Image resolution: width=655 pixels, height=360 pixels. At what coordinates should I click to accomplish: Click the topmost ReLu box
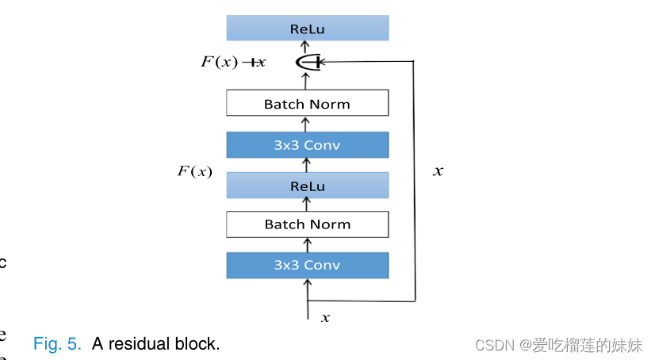point(307,29)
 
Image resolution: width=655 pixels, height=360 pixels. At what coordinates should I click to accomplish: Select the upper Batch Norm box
point(307,104)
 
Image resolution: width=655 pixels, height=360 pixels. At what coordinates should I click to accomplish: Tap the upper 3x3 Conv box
point(307,145)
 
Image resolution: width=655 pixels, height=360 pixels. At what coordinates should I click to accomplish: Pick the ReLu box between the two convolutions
point(307,186)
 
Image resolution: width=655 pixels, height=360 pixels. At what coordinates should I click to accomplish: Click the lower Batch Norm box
point(307,224)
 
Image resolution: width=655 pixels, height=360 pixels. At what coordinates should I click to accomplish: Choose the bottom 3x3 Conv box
point(307,265)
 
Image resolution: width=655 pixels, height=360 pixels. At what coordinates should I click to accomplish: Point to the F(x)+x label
point(233,62)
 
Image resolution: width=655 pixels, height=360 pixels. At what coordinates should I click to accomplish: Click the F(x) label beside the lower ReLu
point(194,170)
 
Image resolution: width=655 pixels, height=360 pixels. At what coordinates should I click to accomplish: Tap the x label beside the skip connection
point(438,170)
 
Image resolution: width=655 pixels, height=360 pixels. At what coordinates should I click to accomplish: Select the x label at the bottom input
point(325,318)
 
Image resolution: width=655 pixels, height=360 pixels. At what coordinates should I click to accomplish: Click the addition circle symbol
point(307,62)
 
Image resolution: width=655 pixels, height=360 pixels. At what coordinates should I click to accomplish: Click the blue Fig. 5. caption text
point(57,344)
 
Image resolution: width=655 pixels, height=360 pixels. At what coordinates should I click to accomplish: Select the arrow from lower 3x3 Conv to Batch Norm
point(307,245)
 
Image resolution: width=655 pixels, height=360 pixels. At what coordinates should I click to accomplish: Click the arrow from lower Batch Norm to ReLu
point(307,205)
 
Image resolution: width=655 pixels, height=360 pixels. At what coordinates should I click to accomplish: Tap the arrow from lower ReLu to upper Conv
point(307,165)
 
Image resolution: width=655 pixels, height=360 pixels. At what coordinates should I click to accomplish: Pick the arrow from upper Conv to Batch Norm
point(307,124)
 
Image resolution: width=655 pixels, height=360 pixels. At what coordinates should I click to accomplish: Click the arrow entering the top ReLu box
point(307,46)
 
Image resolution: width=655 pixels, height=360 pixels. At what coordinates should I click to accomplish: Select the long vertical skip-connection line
point(415,182)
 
